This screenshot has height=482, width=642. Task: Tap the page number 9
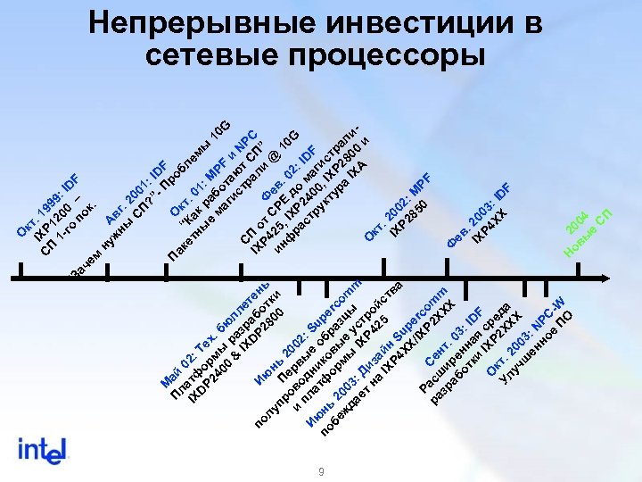click(320, 470)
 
